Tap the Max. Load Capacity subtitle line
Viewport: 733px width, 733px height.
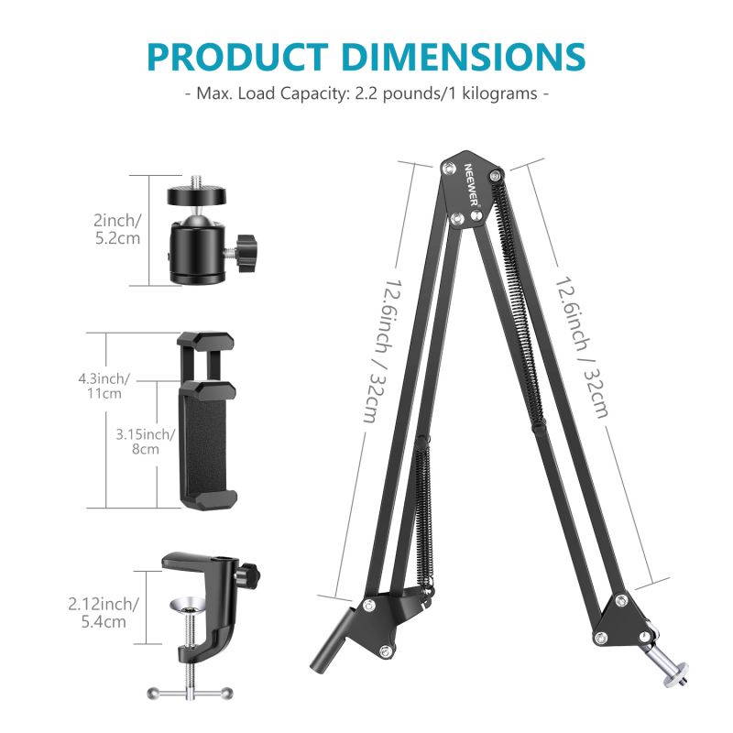click(366, 94)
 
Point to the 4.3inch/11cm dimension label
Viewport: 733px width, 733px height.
click(104, 385)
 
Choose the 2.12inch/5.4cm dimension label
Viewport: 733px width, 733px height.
click(104, 612)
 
